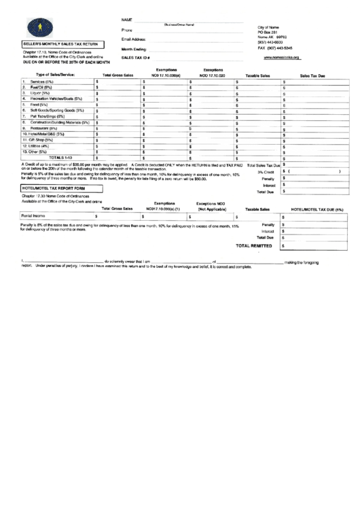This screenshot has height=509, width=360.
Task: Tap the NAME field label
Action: (126, 19)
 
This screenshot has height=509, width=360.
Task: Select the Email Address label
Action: (134, 39)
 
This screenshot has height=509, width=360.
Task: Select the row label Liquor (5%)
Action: (41, 93)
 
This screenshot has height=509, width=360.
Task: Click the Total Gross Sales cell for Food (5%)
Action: (118, 105)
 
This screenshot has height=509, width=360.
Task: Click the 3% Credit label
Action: (266, 172)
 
